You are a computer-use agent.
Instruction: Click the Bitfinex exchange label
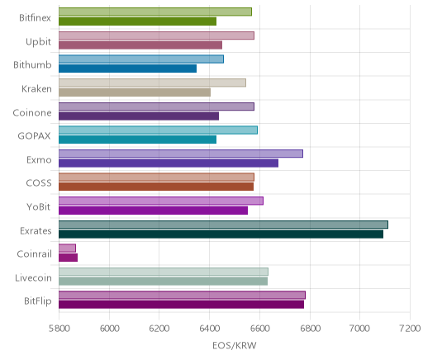(35, 18)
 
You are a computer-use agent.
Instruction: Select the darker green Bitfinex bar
(137, 21)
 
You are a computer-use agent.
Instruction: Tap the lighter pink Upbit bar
(156, 36)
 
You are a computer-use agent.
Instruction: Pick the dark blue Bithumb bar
(127, 69)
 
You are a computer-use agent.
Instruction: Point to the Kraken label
(36, 89)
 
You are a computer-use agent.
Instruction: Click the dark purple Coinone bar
(139, 116)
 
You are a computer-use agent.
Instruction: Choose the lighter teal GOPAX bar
(158, 130)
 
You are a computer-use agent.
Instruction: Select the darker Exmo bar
(169, 163)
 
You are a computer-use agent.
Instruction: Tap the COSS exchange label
(39, 183)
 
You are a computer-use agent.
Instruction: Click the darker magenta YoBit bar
(153, 211)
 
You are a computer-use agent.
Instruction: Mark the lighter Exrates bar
(223, 225)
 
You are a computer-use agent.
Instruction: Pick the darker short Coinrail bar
(68, 258)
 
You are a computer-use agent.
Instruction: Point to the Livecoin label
(33, 278)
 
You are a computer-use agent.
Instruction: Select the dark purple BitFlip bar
(181, 305)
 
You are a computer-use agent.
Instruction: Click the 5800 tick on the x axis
(59, 329)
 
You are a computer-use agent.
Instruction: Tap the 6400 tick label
(209, 329)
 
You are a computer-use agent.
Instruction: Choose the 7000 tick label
(359, 329)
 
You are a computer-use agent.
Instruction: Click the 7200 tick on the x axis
(410, 329)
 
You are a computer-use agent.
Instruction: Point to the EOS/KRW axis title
(235, 346)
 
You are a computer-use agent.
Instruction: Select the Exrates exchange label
(36, 231)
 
